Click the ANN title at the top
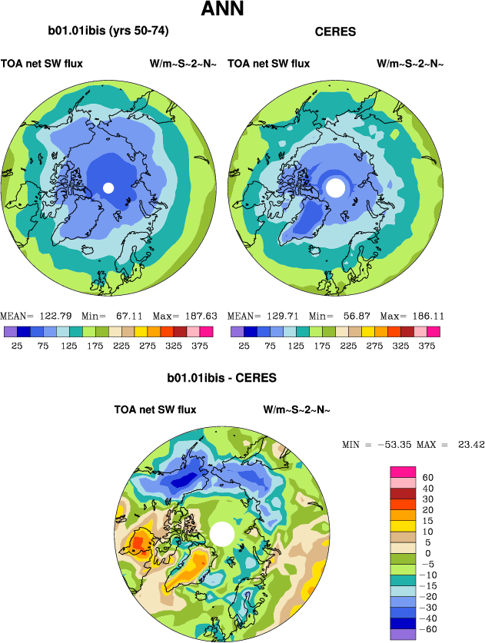[x=222, y=10]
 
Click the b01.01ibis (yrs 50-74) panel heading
[x=108, y=31]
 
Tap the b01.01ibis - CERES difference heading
[x=221, y=378]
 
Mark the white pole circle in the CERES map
[x=336, y=187]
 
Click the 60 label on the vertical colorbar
[x=428, y=477]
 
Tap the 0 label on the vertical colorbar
[x=428, y=553]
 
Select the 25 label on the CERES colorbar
[x=244, y=346]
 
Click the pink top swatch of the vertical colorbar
[x=404, y=471]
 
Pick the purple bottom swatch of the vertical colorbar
[x=404, y=634]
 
